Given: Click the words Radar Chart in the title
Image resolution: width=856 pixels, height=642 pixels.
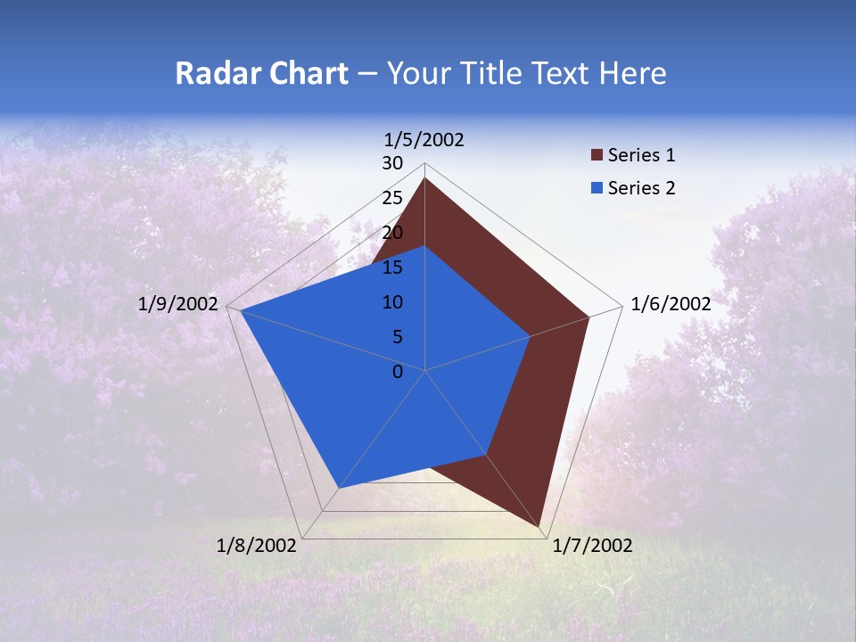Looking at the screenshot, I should pyautogui.click(x=261, y=73).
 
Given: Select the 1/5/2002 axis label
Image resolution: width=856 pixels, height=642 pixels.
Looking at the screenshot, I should pyautogui.click(x=424, y=139).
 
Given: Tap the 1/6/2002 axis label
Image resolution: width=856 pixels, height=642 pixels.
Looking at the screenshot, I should pyautogui.click(x=671, y=304).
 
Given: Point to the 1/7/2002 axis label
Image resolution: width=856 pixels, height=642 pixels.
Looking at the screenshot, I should pyautogui.click(x=592, y=546).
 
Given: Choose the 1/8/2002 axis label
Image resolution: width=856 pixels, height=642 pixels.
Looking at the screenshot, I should pyautogui.click(x=257, y=546).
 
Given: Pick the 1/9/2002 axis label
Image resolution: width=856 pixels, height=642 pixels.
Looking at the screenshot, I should pyautogui.click(x=178, y=304).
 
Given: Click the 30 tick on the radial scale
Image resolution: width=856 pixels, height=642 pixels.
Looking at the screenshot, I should pyautogui.click(x=392, y=163).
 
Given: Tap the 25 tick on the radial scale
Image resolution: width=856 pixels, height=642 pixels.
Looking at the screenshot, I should pyautogui.click(x=392, y=198).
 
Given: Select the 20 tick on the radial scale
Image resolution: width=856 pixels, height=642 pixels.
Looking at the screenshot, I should pyautogui.click(x=392, y=233).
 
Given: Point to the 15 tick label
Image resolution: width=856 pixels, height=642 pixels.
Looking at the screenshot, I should pyautogui.click(x=392, y=267).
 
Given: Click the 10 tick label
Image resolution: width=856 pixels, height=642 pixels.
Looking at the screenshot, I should pyautogui.click(x=392, y=302).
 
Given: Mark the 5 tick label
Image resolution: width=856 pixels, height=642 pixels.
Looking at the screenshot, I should pyautogui.click(x=397, y=337).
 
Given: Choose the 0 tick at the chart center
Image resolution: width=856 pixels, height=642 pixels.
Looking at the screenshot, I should pyautogui.click(x=398, y=372).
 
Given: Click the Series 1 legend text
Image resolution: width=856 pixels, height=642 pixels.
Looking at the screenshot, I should pyautogui.click(x=641, y=155).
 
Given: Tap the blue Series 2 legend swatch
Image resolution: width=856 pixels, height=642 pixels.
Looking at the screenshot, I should pyautogui.click(x=596, y=188).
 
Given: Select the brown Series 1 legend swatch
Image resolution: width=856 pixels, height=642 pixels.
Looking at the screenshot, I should pyautogui.click(x=596, y=155).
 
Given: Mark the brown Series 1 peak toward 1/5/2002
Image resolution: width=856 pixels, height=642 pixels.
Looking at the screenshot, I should pyautogui.click(x=424, y=178).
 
